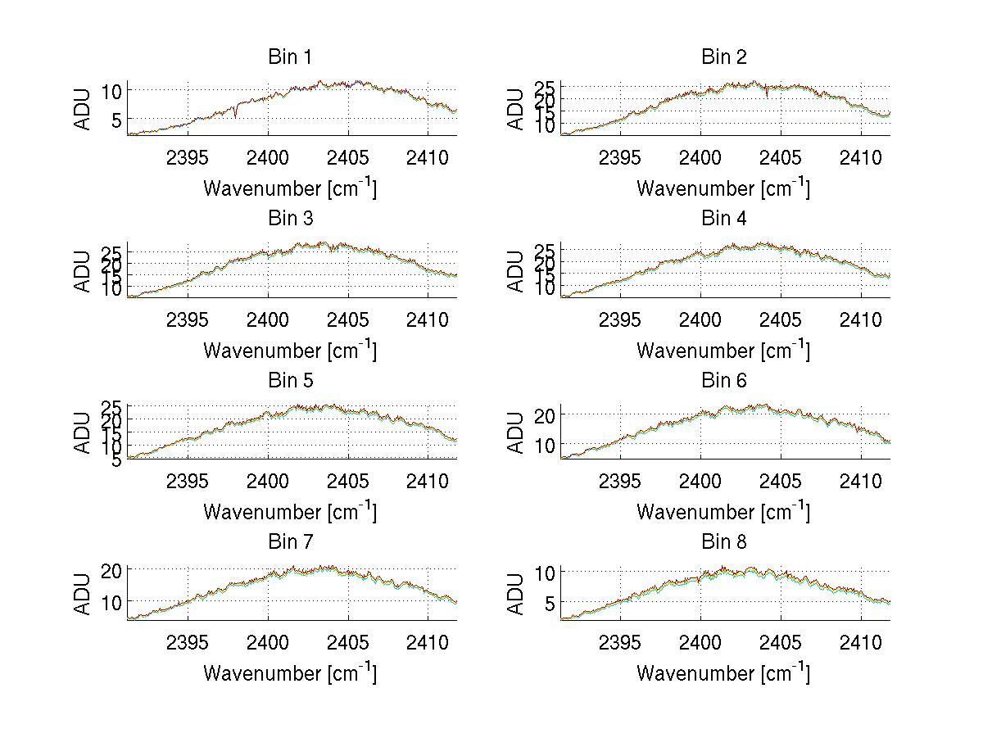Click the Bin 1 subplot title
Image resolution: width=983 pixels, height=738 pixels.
pyautogui.click(x=290, y=57)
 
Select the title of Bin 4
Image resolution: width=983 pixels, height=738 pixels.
pyautogui.click(x=724, y=219)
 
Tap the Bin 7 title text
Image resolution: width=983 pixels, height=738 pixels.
pyautogui.click(x=290, y=542)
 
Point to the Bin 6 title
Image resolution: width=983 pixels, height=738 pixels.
pyautogui.click(x=724, y=381)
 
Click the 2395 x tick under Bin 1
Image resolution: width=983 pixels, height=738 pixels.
pyautogui.click(x=188, y=157)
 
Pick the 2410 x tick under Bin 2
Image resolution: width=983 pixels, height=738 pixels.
pyautogui.click(x=861, y=157)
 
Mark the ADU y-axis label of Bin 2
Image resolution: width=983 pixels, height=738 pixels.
pyautogui.click(x=515, y=109)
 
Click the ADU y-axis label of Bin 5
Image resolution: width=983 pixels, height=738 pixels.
pyautogui.click(x=83, y=432)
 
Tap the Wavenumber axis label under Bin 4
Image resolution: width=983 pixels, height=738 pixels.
pyautogui.click(x=723, y=351)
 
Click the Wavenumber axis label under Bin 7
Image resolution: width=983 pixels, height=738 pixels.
pyautogui.click(x=290, y=673)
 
